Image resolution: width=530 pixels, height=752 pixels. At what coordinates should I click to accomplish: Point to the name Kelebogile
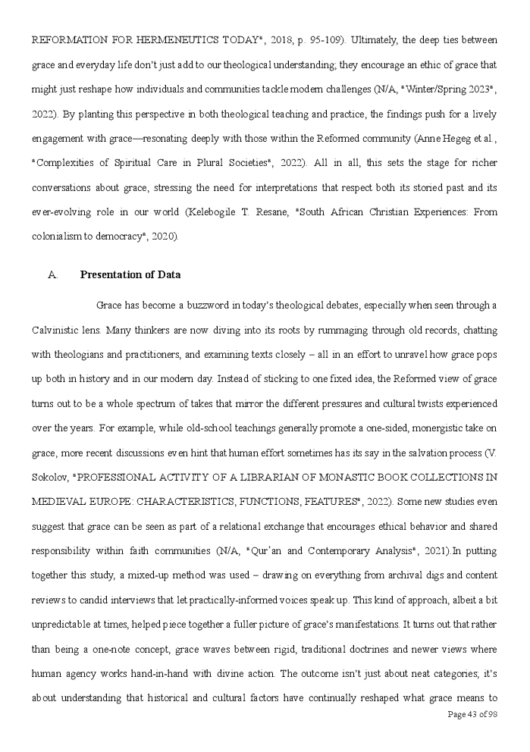(x=309, y=214)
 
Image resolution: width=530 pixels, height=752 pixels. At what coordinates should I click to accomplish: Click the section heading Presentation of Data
(x=130, y=274)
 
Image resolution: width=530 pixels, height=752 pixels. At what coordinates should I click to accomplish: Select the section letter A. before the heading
(x=53, y=274)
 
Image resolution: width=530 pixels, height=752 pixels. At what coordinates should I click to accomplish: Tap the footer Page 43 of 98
(x=472, y=714)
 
